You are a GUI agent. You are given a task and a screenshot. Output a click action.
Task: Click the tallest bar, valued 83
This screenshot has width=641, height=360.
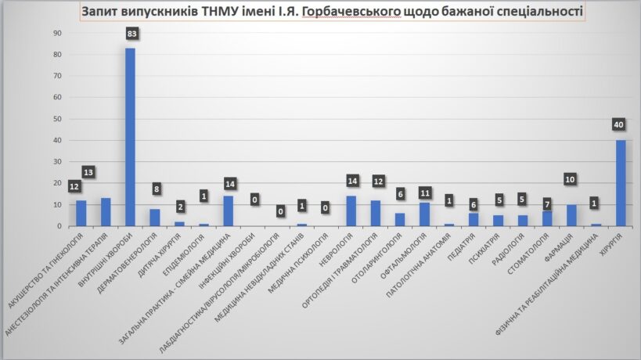(x=130, y=137)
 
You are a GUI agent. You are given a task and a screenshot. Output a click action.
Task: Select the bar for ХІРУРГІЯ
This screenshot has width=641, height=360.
(x=620, y=183)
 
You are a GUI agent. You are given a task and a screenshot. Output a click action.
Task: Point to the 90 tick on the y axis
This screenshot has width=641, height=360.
(x=57, y=34)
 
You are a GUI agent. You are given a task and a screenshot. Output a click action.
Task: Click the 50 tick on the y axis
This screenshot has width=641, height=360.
(x=57, y=119)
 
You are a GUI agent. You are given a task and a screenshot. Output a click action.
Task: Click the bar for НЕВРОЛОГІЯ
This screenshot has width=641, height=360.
(x=350, y=211)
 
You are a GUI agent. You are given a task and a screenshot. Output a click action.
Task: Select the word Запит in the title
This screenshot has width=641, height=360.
(x=100, y=13)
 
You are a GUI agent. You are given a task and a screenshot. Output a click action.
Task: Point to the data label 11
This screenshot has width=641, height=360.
(x=423, y=192)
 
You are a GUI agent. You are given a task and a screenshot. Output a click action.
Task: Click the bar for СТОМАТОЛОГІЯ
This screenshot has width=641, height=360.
(x=546, y=218)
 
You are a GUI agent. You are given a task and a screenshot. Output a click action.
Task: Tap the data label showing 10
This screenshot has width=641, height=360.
(x=571, y=180)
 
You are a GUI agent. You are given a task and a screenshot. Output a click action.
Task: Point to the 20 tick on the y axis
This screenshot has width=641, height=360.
(x=57, y=183)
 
